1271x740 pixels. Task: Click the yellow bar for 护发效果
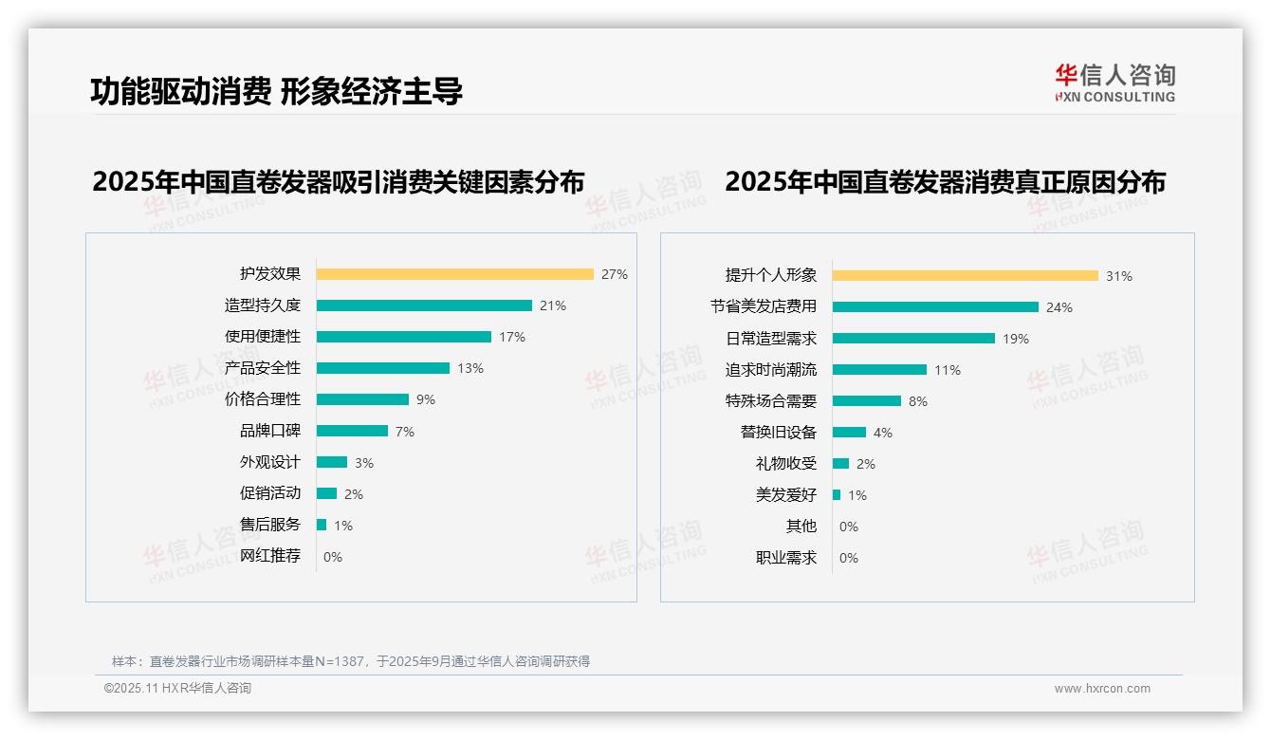point(454,274)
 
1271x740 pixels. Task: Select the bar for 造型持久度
point(424,305)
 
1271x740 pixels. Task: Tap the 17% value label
point(512,337)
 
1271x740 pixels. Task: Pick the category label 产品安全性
point(263,368)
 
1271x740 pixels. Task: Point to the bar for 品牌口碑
point(352,431)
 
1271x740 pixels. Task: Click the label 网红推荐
point(270,556)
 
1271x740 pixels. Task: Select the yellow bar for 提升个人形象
point(965,276)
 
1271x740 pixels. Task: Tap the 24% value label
point(1059,307)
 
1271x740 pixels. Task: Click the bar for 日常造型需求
point(913,339)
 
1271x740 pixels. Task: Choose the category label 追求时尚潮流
point(771,370)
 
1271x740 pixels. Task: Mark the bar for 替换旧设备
point(849,433)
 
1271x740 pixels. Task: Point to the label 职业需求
point(786,558)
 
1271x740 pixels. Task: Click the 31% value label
point(1119,276)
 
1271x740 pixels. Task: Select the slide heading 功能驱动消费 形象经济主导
point(276,92)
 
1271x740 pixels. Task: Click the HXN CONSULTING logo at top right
point(1114,83)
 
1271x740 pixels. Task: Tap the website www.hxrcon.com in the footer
point(1102,689)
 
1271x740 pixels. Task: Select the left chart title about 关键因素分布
point(339,181)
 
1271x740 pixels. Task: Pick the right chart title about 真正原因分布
point(945,181)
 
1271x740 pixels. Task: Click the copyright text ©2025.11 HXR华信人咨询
point(177,689)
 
